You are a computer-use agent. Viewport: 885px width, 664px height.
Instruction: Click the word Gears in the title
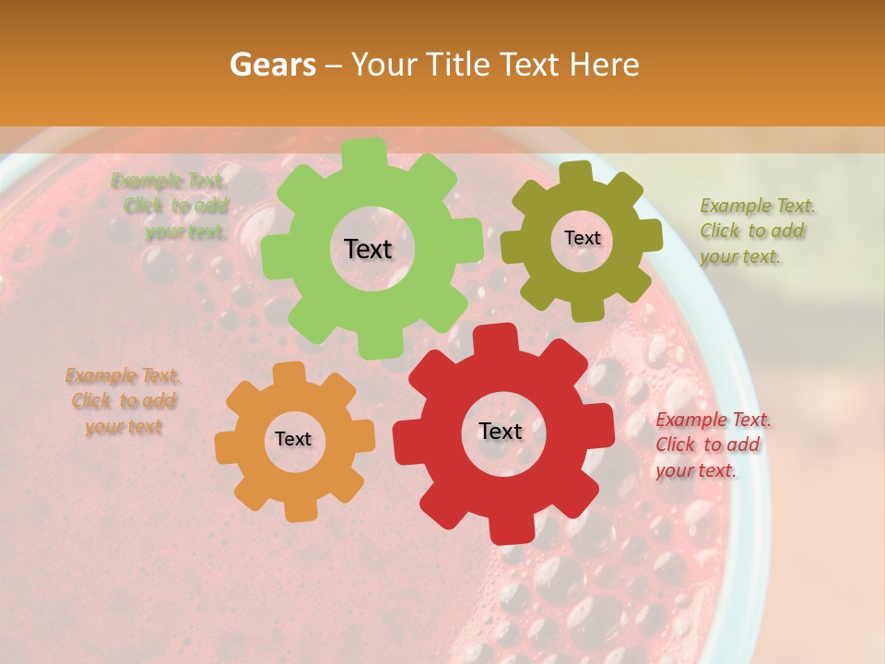click(x=271, y=65)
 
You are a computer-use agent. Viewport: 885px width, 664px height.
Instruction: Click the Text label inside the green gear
click(x=368, y=249)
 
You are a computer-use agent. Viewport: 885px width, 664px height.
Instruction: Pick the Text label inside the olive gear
click(x=582, y=238)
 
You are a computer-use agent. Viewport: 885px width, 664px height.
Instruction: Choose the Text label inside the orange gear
click(x=293, y=439)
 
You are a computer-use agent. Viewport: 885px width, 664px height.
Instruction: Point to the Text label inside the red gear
click(x=501, y=431)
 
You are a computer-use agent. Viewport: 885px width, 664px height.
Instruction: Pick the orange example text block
click(x=123, y=401)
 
